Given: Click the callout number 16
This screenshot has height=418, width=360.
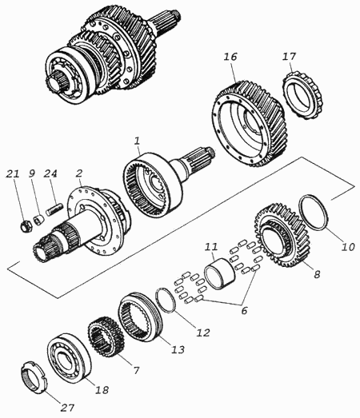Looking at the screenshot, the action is [230, 58].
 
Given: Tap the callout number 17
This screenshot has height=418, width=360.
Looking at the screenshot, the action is [289, 57].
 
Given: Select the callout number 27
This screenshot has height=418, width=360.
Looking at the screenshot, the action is [67, 408].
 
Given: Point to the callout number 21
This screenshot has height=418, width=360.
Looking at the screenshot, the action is [13, 173].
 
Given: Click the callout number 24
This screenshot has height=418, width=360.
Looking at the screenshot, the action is [50, 173].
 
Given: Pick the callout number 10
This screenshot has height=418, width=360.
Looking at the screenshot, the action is [348, 247].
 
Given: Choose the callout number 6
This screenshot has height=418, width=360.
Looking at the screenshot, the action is [244, 310].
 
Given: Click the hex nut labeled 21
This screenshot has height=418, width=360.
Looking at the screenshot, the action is [26, 226].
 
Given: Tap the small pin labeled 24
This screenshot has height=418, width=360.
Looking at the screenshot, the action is [54, 209].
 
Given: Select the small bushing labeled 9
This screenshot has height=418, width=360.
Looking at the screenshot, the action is [38, 221].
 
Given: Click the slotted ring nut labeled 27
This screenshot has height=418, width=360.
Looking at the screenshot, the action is [34, 377].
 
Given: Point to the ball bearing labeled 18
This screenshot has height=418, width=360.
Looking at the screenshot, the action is [69, 360].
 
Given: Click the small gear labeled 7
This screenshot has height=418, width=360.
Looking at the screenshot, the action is [106, 337].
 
